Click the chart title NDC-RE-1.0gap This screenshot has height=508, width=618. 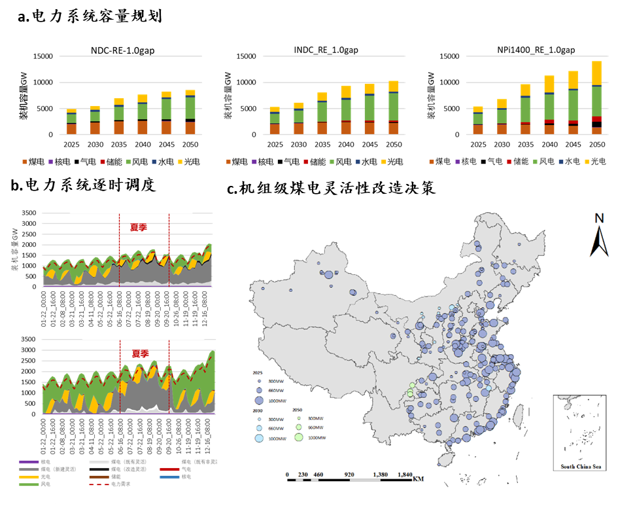122,51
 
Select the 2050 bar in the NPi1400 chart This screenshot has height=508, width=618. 596,98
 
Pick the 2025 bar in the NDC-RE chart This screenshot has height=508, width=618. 71,122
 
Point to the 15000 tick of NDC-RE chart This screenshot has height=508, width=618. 43,56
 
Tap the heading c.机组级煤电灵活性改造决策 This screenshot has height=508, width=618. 330,189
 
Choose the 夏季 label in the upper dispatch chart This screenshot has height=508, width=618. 137,228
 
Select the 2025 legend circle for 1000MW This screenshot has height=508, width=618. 258,400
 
